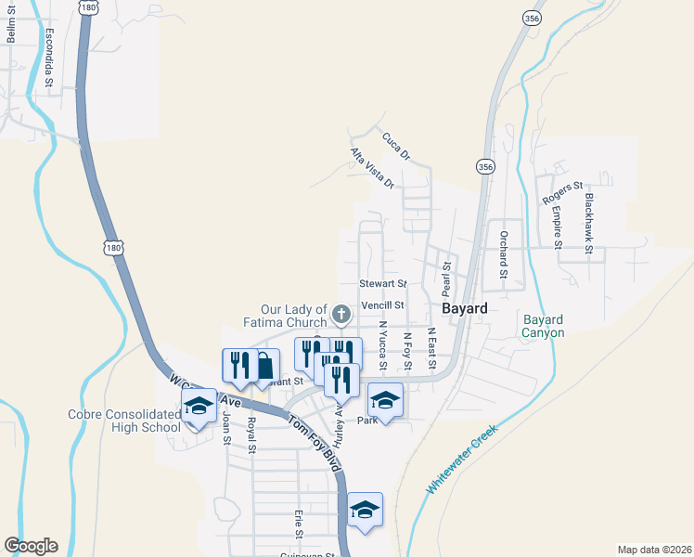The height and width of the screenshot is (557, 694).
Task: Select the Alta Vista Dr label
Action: pos(372,168)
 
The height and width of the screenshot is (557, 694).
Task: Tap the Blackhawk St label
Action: pos(588,218)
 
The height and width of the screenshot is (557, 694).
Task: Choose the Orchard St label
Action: pos(504,254)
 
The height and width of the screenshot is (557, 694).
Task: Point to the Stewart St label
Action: pos(382,283)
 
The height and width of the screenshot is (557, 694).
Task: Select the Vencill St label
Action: pos(383,304)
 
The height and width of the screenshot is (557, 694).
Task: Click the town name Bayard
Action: pos(464,308)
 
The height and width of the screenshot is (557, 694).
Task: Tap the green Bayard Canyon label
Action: pos(543,326)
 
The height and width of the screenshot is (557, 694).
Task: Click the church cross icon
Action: pos(341,314)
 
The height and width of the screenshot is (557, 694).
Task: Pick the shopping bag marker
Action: pos(263,365)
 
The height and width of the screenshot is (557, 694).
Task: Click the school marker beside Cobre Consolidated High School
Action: pos(199,406)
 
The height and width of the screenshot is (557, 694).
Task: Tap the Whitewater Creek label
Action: pos(461,460)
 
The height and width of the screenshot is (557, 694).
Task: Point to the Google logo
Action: pos(30,546)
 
